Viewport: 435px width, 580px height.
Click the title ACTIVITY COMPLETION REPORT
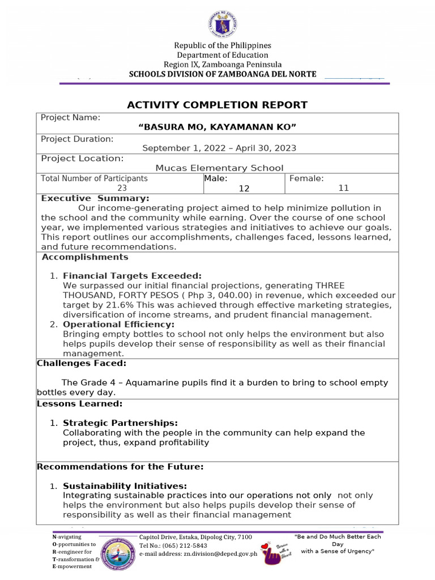(x=217, y=105)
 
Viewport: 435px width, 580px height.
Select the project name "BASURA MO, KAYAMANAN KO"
(x=217, y=127)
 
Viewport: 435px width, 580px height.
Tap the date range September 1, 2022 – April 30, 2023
(x=219, y=148)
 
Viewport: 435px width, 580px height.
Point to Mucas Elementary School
(x=219, y=168)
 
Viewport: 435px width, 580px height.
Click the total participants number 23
(x=122, y=188)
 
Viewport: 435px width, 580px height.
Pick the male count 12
(x=244, y=189)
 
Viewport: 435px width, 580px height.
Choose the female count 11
(x=343, y=188)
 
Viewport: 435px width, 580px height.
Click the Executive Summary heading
(x=95, y=198)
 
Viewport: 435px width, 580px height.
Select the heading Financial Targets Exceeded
(x=132, y=276)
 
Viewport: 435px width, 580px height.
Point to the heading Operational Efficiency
(x=118, y=325)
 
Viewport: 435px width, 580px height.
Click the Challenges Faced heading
(x=82, y=363)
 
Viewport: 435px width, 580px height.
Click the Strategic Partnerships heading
(x=120, y=423)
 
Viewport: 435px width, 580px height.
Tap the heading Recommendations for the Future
(x=120, y=467)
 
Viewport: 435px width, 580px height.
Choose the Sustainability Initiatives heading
(x=125, y=486)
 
